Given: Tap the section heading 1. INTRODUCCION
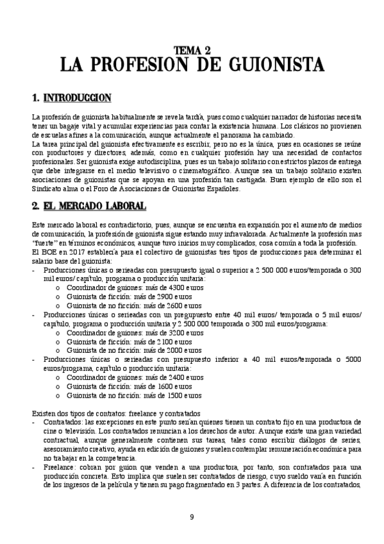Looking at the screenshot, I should coord(71,98).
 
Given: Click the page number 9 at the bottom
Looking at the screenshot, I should coord(192,516).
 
